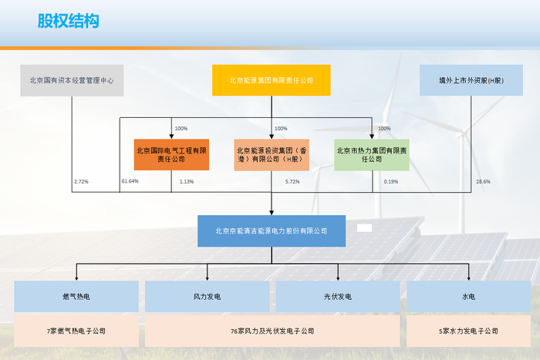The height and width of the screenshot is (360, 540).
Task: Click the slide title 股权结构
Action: coord(68,21)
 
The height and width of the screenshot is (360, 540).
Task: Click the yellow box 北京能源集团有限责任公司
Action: coord(271,80)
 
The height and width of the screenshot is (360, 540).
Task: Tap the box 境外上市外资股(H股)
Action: coord(471,80)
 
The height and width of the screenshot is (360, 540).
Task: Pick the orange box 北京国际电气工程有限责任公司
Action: coord(171,155)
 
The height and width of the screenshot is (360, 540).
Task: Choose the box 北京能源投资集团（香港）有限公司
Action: coord(272,155)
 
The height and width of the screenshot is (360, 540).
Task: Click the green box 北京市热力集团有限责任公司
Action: coord(372,155)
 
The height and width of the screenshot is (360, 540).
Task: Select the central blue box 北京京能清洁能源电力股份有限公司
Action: coord(271,230)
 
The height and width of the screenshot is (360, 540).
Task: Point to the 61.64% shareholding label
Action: coord(130,181)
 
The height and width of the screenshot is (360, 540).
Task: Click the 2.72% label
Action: coord(81,181)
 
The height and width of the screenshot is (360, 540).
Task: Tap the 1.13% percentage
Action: coord(186,181)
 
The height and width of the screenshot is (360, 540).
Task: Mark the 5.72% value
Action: coord(292,181)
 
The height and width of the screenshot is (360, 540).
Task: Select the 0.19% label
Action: coord(391,181)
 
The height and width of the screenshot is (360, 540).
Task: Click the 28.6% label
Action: coord(483,181)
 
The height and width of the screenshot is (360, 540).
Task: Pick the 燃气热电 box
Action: coord(76,296)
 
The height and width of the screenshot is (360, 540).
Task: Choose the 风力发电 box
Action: coord(208,296)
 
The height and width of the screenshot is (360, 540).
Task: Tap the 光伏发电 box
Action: coord(338,296)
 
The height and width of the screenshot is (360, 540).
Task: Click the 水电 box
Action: coord(468,296)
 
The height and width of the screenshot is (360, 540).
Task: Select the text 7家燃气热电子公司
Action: coord(76,331)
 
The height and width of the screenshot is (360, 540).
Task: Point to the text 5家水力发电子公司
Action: coord(468,331)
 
